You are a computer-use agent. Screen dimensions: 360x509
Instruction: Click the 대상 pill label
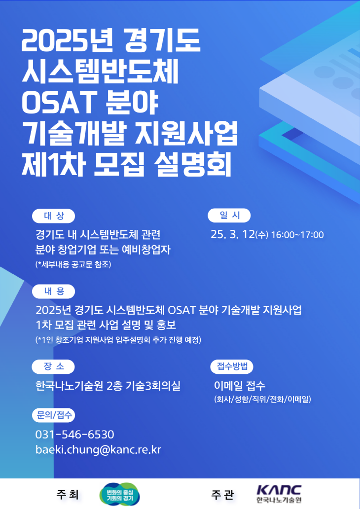(x=54, y=216)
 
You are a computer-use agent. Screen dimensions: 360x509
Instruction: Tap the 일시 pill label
(x=229, y=215)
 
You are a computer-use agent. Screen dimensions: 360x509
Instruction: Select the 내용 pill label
(x=54, y=291)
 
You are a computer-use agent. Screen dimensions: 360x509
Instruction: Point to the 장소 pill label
(x=53, y=366)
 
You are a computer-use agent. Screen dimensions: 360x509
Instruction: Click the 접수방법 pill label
(x=232, y=366)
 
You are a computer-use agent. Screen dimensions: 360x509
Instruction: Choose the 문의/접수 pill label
(x=54, y=415)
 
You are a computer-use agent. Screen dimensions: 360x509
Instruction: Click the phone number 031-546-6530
(x=74, y=435)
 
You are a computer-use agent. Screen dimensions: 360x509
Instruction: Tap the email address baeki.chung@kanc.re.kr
(x=98, y=450)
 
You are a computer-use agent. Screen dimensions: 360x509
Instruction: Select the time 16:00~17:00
(x=297, y=235)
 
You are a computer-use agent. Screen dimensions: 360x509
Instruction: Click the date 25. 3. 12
(x=232, y=234)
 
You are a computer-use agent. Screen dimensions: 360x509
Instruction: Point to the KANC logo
(x=279, y=494)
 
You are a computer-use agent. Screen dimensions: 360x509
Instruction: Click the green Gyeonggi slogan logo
(x=120, y=494)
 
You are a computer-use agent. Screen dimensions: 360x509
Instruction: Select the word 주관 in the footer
(x=222, y=495)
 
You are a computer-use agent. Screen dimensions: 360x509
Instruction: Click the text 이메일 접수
(x=240, y=386)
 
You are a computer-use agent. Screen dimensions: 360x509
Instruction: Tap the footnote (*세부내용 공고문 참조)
(x=73, y=264)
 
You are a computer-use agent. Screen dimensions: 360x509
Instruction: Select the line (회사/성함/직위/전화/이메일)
(x=262, y=400)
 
